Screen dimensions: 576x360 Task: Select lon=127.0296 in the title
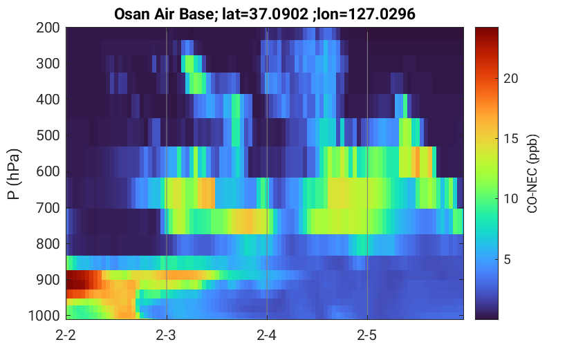coord(366,15)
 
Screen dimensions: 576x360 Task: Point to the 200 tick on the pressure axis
coord(48,28)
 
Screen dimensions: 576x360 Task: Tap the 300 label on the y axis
coord(48,64)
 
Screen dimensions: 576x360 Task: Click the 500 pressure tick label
coord(48,135)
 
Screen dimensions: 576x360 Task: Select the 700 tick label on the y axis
coord(48,208)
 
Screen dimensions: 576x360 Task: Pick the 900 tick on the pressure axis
coord(48,280)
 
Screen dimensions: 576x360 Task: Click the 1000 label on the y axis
coord(44,315)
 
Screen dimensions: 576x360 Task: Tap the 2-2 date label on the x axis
coord(66,335)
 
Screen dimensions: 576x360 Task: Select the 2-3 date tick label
coord(166,335)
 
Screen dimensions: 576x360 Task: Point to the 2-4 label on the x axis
coord(267,335)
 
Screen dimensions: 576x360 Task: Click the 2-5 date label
coord(367,335)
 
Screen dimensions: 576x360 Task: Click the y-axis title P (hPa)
coord(14,174)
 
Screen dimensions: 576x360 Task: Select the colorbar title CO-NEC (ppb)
coord(532,173)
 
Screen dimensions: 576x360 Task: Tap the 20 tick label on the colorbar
coord(510,78)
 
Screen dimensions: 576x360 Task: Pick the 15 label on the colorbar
coord(510,139)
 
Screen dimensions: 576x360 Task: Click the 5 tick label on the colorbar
coord(508,259)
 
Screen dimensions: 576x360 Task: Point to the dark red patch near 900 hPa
coord(78,280)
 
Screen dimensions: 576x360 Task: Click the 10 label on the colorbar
coord(510,199)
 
